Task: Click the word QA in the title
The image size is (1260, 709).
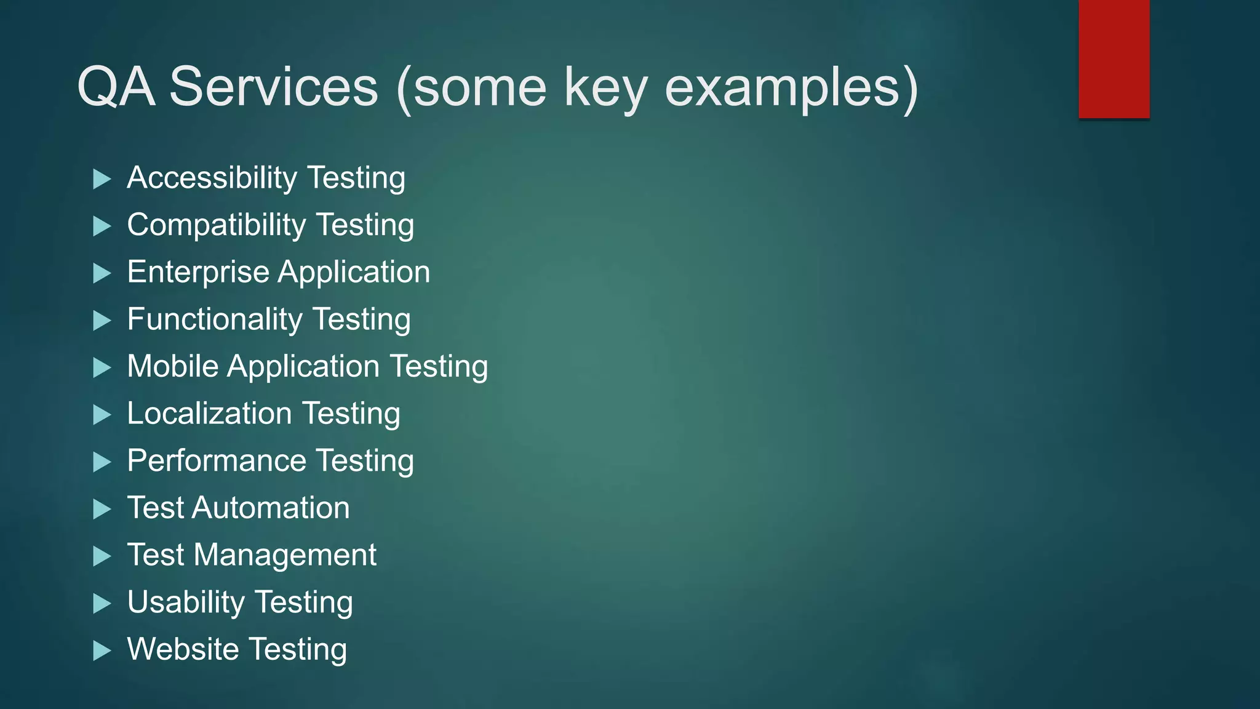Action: point(116,87)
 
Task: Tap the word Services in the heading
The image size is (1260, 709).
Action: point(273,87)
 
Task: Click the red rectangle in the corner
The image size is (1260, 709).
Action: point(1114,59)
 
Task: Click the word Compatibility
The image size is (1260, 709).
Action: point(216,225)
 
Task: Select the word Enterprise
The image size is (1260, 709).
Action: point(198,273)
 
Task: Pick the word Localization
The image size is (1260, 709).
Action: point(209,414)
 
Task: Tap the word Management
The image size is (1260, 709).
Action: point(285,556)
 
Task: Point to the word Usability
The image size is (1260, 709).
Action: point(186,603)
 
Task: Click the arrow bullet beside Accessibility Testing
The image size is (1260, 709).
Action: point(102,179)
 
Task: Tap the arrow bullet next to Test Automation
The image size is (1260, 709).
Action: point(102,509)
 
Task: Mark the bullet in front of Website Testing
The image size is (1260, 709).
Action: point(102,651)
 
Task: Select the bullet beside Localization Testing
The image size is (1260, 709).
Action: point(102,415)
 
